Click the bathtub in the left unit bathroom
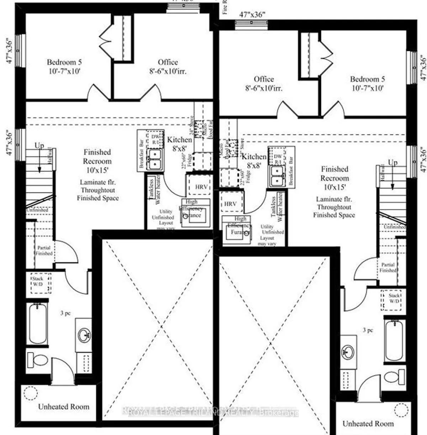pos(38,323)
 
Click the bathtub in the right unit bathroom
pos(394,339)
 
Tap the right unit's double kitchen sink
pos(277,176)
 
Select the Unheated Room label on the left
pos(64,407)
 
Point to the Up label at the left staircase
pos(39,146)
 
